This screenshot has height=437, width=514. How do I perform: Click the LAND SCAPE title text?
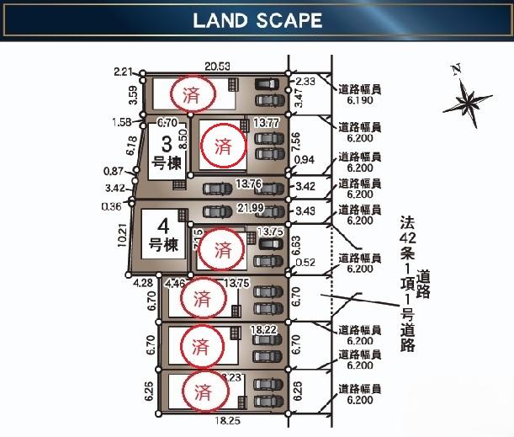(x=257, y=21)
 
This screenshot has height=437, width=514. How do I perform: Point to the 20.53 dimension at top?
(x=217, y=66)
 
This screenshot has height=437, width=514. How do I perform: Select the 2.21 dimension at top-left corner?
(x=123, y=72)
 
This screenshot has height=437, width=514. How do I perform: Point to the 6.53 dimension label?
(x=296, y=243)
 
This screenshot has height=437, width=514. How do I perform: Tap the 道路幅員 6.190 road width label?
(x=359, y=93)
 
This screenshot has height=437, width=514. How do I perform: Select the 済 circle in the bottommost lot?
(x=202, y=391)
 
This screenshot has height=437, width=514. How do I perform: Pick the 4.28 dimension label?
(x=142, y=283)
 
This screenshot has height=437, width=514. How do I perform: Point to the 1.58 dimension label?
(x=122, y=122)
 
